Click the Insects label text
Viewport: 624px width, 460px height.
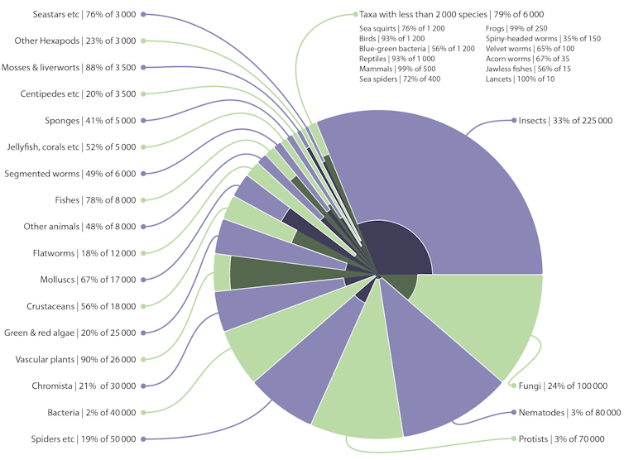point(565,121)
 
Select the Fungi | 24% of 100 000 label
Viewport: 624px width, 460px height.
point(565,386)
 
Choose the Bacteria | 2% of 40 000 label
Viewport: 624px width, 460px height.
point(92,412)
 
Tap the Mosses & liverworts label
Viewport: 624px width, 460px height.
point(69,68)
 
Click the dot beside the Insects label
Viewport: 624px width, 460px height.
point(512,121)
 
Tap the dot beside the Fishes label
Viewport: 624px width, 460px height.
point(144,200)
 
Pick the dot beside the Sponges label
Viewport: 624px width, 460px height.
point(144,121)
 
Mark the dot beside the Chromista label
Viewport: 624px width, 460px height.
point(144,386)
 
